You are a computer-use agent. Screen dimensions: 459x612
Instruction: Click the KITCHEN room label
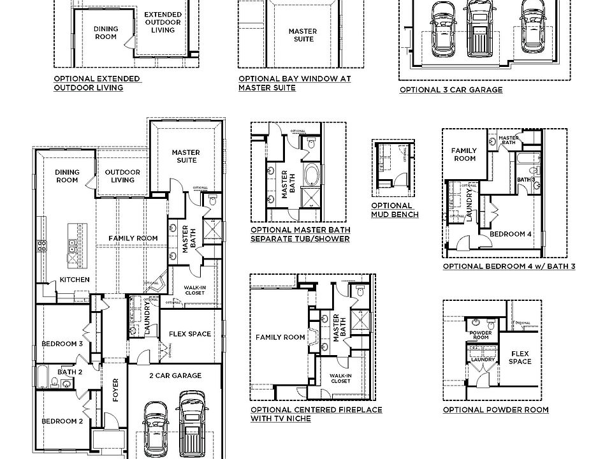click(75, 280)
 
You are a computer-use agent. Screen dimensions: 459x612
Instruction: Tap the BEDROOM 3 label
click(62, 344)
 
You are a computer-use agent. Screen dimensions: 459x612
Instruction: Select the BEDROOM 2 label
click(62, 421)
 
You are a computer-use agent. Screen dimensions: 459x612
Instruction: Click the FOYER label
click(116, 390)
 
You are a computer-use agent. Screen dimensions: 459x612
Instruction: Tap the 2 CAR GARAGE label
click(175, 375)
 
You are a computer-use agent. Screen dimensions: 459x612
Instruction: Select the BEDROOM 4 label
click(511, 234)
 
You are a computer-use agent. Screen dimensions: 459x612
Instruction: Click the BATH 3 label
click(525, 180)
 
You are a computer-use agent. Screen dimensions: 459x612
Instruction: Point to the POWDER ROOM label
click(479, 336)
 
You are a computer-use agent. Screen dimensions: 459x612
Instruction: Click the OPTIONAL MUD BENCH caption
click(395, 210)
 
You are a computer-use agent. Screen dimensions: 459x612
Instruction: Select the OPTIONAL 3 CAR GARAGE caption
click(451, 90)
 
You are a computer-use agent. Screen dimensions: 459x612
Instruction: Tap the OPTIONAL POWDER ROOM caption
click(495, 410)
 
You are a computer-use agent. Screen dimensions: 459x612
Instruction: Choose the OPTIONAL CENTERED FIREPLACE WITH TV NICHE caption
click(316, 414)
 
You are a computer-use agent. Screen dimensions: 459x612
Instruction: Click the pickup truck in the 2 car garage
click(191, 424)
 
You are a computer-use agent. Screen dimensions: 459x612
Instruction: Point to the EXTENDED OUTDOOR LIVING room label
click(162, 22)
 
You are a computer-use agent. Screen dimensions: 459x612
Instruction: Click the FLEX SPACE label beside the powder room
click(520, 357)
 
